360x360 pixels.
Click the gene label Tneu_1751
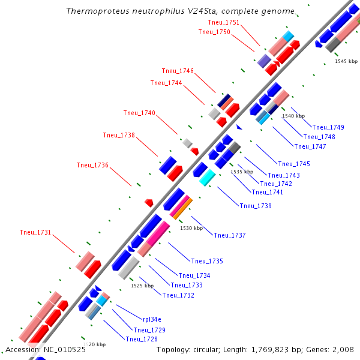pos(224,22)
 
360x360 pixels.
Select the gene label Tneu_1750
pos(214,32)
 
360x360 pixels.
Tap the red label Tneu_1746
pos(178,71)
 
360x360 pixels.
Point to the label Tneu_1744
pos(166,83)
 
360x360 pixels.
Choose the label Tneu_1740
pos(139,113)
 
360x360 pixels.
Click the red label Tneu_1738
pos(119,135)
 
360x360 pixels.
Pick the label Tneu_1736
pos(92,165)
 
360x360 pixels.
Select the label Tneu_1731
pos(35,232)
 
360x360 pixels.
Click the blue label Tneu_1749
pos(328,127)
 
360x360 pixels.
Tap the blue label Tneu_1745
pos(294,164)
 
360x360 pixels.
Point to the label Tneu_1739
pos(256,206)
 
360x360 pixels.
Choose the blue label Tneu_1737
pos(230,235)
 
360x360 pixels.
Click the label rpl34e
pos(152,319)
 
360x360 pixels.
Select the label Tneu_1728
pos(142,339)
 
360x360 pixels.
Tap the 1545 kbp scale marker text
pos(346,61)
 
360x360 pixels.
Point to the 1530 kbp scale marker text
pos(191,228)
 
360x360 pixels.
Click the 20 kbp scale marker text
pos(97,344)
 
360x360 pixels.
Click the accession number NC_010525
pos(64,349)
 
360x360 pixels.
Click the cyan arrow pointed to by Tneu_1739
pos(206,178)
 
